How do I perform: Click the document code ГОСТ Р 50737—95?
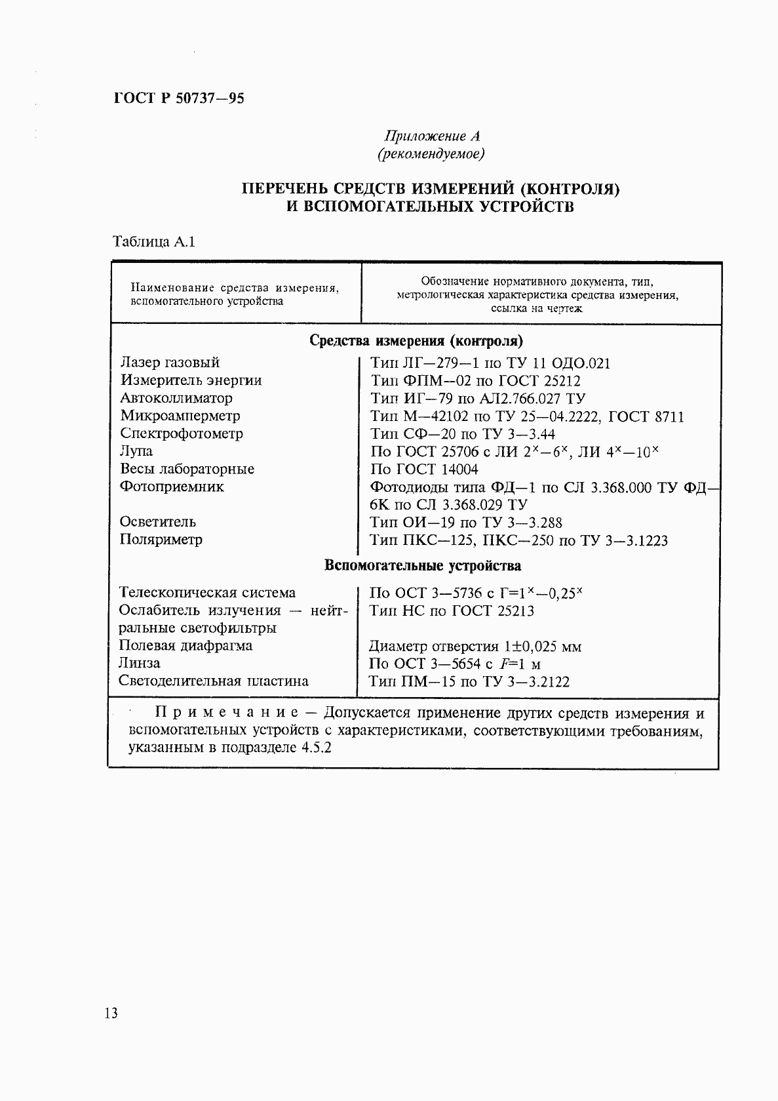[x=179, y=99]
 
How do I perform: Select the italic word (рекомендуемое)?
[x=431, y=154]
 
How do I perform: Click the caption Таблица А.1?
[x=155, y=241]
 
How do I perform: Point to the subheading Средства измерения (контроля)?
[x=416, y=341]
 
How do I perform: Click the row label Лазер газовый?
[x=170, y=363]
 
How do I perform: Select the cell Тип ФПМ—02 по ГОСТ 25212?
[x=475, y=381]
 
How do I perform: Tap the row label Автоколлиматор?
[x=176, y=398]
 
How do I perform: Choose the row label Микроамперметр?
[x=180, y=416]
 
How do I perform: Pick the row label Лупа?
[x=136, y=451]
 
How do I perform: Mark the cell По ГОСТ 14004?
[x=424, y=470]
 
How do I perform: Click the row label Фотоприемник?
[x=172, y=487]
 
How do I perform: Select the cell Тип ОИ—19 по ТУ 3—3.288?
[x=466, y=523]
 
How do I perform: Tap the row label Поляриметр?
[x=161, y=540]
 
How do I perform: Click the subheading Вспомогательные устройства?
[x=423, y=566]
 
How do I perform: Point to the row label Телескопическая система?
[x=207, y=593]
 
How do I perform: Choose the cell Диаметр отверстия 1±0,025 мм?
[x=475, y=647]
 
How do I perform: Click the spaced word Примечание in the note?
[x=227, y=713]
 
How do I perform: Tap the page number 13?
[x=111, y=1013]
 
